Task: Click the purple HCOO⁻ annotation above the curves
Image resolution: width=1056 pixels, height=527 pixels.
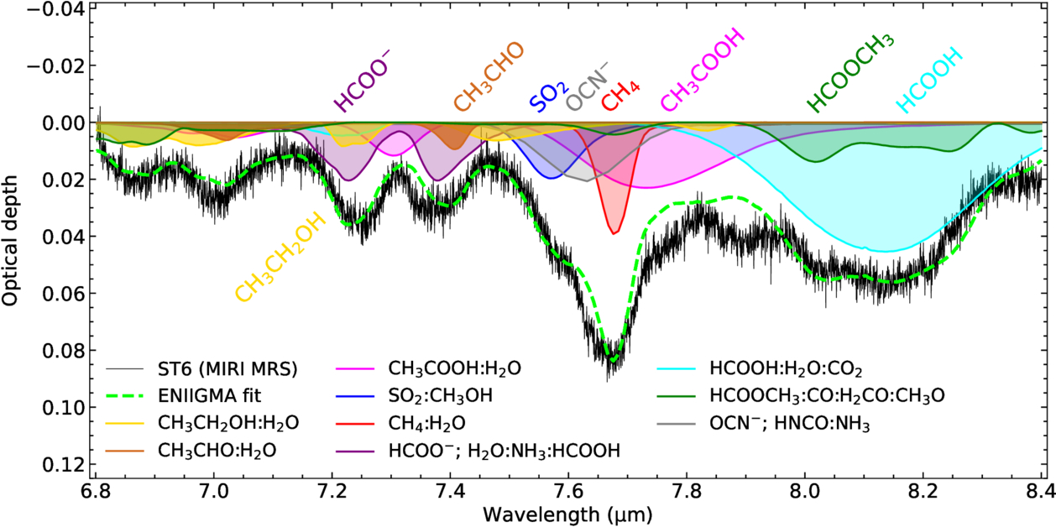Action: click(363, 80)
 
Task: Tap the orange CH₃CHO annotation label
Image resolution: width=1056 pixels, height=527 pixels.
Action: click(489, 77)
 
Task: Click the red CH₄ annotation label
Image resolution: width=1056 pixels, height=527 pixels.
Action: click(621, 97)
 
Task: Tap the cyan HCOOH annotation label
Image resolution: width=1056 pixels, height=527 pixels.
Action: click(929, 81)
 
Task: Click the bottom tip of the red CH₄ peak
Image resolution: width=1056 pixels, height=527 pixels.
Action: click(615, 234)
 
